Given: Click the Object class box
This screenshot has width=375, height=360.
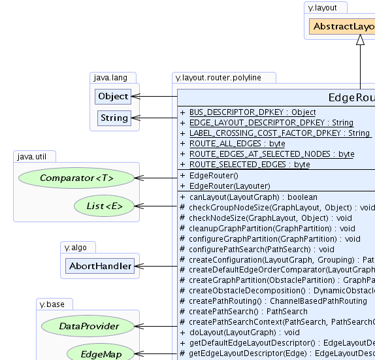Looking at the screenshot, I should tap(113, 97).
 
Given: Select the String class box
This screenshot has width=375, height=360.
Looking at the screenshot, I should tap(114, 118).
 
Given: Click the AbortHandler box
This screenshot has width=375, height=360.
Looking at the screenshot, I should tap(99, 266).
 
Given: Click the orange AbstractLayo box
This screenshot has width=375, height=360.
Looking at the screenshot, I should tap(342, 27).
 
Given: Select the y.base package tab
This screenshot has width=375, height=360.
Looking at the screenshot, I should tap(55, 304).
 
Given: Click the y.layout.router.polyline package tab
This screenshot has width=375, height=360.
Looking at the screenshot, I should tap(218, 78).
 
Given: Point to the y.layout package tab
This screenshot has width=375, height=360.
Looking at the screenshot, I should tap(325, 7).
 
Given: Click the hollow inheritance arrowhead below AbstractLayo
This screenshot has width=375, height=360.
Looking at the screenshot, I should tap(360, 40).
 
